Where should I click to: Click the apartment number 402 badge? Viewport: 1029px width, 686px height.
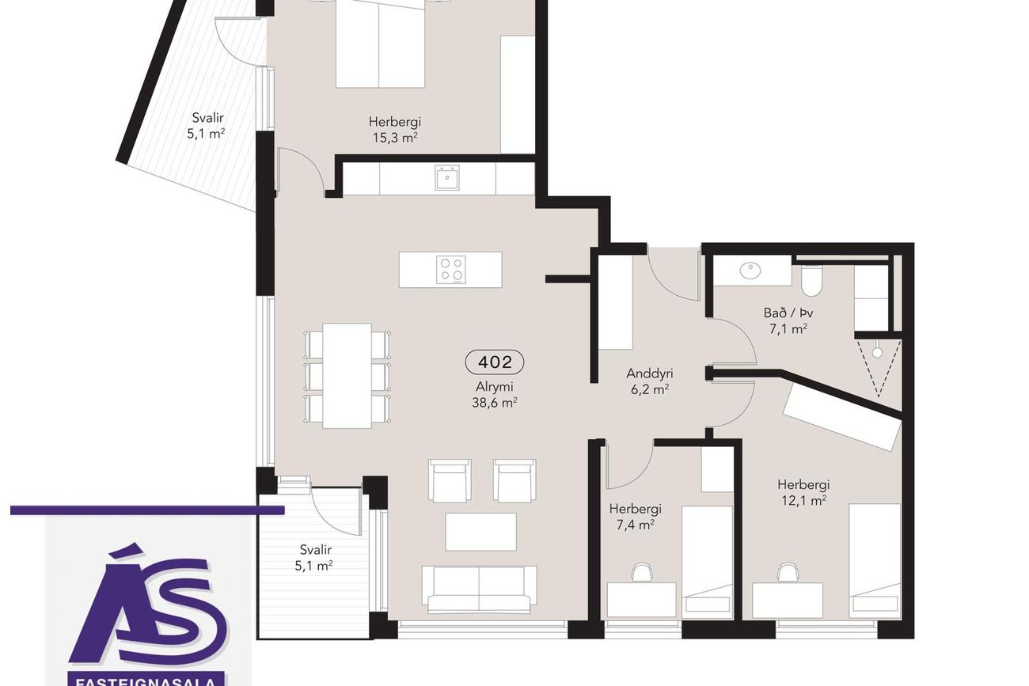click(x=494, y=362)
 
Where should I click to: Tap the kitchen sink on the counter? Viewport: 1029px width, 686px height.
click(x=446, y=178)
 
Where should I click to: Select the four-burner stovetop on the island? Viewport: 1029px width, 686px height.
click(x=450, y=270)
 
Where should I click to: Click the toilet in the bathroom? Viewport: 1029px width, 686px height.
click(x=811, y=281)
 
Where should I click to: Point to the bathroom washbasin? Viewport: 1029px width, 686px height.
click(x=750, y=271)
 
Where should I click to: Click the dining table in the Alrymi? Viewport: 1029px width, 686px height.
click(x=347, y=376)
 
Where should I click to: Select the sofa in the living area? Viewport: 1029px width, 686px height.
click(x=479, y=589)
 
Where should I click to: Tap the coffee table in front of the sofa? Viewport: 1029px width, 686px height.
click(x=481, y=533)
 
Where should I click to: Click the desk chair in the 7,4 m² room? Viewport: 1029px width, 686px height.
click(x=642, y=573)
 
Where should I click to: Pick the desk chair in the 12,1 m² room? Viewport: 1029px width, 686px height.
click(x=788, y=572)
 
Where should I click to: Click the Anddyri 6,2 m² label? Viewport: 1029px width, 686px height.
click(x=650, y=381)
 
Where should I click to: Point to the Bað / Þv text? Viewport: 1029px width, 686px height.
click(x=788, y=313)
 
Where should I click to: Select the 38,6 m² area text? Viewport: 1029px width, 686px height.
click(x=495, y=404)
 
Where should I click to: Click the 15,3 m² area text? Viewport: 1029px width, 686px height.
click(x=395, y=138)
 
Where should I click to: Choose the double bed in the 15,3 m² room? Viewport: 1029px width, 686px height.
click(x=381, y=44)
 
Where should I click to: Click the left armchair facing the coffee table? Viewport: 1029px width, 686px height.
click(x=450, y=480)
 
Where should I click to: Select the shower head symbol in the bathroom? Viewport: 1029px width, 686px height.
click(x=877, y=353)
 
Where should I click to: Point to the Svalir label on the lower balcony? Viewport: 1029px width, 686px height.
click(x=316, y=550)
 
